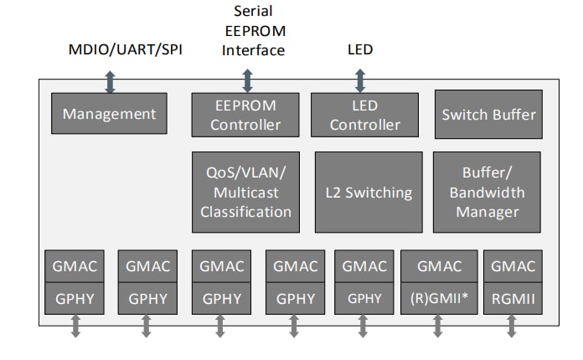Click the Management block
[x=109, y=114]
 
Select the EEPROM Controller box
[x=245, y=115]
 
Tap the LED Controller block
[x=365, y=115]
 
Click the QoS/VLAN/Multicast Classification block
[x=245, y=192]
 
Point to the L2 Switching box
[x=369, y=192]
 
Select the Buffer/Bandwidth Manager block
[x=488, y=192]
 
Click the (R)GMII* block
[x=439, y=298]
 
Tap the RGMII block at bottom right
[x=513, y=298]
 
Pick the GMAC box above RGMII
[x=513, y=266]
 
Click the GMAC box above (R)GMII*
[x=439, y=266]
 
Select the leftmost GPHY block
[x=75, y=298]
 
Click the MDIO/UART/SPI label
[x=125, y=49]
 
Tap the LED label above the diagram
[x=360, y=49]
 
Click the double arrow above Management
[x=110, y=81]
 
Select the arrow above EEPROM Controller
[x=246, y=81]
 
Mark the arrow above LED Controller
[x=360, y=81]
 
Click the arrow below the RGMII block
[x=512, y=327]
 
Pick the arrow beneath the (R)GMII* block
[x=438, y=327]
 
